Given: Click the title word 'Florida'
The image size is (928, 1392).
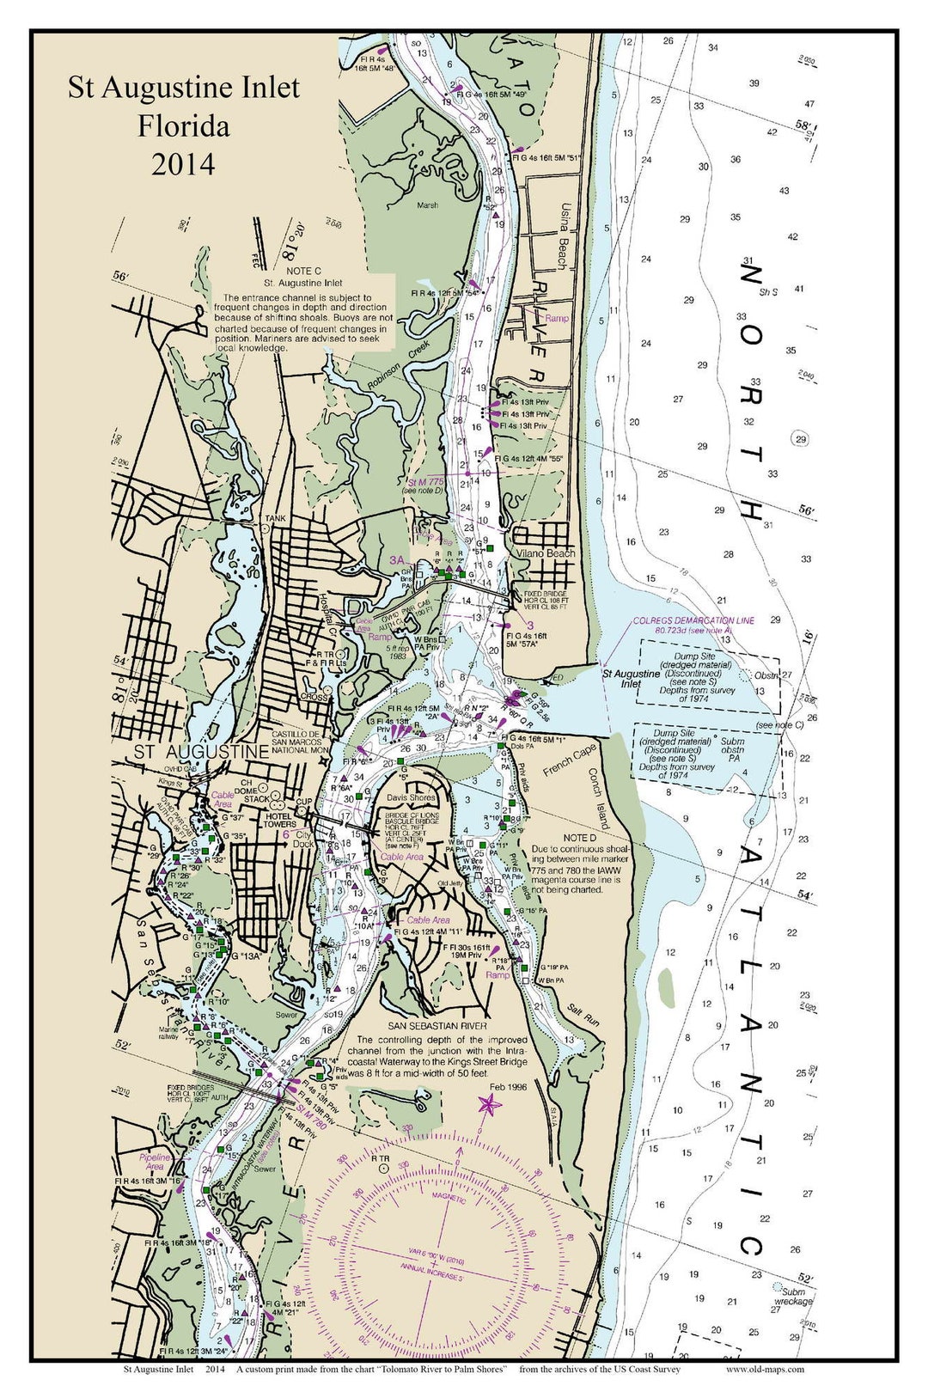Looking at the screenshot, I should click(184, 126).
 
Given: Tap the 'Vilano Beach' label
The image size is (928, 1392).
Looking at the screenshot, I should click(546, 553).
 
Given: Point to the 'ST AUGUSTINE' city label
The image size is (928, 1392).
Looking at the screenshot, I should click(200, 752).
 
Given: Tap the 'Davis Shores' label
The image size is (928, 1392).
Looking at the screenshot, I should click(411, 797).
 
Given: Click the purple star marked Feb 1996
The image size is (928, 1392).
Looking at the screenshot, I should click(487, 1105).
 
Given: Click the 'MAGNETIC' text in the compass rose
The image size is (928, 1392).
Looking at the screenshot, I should click(449, 1199).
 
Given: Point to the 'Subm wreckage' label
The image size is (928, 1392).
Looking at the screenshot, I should click(792, 1296).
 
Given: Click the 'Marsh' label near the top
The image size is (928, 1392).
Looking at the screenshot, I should click(427, 205).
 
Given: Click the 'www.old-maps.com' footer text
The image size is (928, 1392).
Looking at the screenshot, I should click(765, 1370).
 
